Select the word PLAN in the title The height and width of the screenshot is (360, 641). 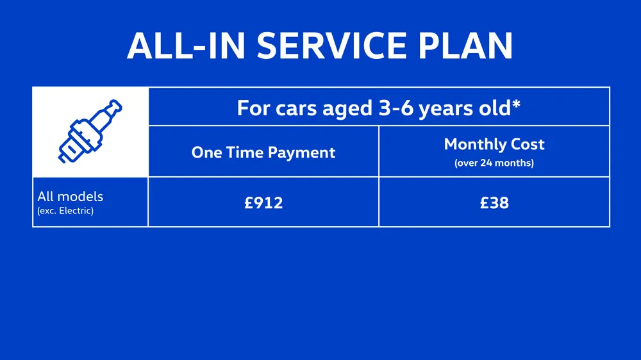pos(467,45)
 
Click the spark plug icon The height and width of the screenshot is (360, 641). pos(90,132)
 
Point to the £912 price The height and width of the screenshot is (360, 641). pos(263,203)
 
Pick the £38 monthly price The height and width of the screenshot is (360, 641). pos(494,203)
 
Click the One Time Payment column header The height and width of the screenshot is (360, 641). pos(263,152)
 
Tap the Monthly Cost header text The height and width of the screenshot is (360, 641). pos(494,144)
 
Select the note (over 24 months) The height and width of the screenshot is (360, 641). pos(494,163)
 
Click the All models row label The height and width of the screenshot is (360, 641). pos(70,197)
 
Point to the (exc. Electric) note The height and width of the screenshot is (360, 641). pos(65,211)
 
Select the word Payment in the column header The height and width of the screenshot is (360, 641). pos(305,152)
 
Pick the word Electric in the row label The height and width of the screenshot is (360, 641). pos(76,211)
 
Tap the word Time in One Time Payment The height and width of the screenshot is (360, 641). pos(247,152)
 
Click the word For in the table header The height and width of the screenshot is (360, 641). pos(250,108)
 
